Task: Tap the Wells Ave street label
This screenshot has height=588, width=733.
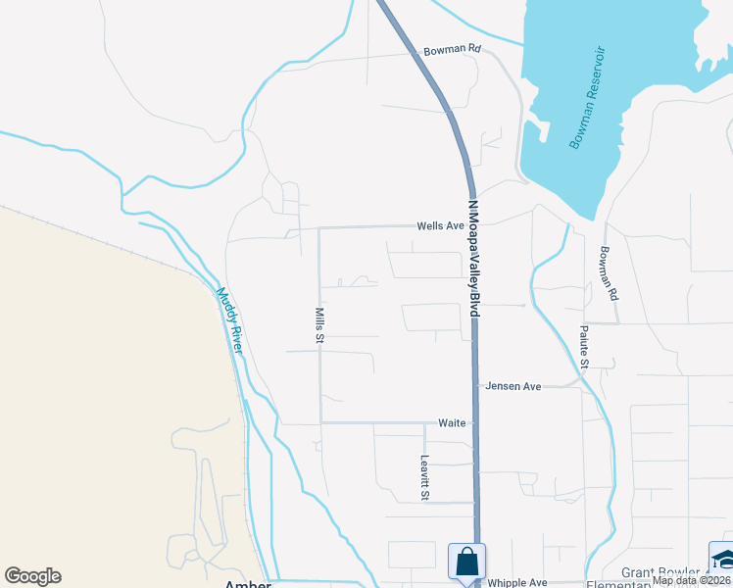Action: (440, 225)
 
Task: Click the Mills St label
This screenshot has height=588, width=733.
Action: (319, 324)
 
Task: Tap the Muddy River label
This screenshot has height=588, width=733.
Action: (229, 319)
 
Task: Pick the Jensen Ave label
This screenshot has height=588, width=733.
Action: (513, 386)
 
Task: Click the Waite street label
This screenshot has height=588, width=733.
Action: (452, 422)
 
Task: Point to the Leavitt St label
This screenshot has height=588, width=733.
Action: (425, 478)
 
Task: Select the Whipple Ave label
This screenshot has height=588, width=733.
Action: (518, 581)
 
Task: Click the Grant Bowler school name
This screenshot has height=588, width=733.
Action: (660, 572)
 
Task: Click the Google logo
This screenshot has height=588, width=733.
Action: (32, 576)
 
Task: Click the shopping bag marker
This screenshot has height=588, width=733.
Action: (465, 562)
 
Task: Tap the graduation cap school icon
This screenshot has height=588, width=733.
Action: (722, 559)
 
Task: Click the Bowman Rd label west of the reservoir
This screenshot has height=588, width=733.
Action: (453, 49)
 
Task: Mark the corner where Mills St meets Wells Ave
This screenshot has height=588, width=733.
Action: (319, 227)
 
